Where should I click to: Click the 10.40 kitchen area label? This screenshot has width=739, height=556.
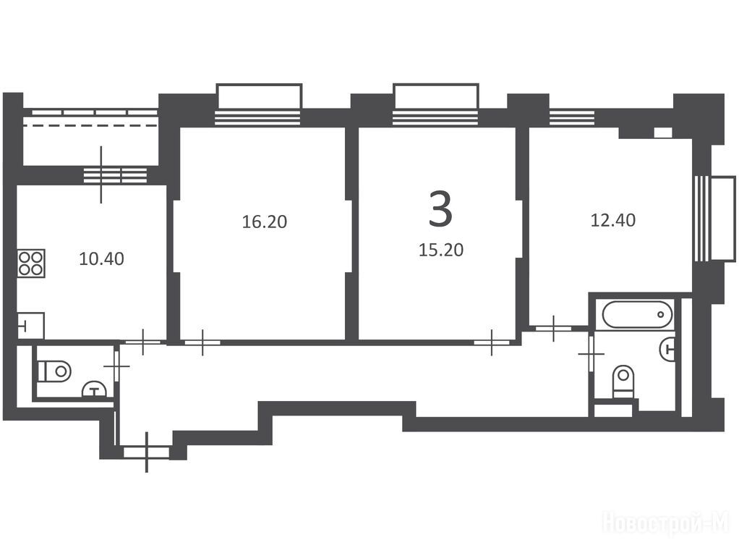pyautogui.click(x=101, y=258)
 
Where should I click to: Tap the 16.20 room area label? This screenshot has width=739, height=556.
pyautogui.click(x=265, y=222)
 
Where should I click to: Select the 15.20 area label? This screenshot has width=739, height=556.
pyautogui.click(x=441, y=250)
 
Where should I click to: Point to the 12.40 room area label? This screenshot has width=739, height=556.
pyautogui.click(x=612, y=220)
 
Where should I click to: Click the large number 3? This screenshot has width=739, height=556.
pyautogui.click(x=440, y=209)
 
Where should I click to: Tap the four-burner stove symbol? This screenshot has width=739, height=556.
pyautogui.click(x=31, y=263)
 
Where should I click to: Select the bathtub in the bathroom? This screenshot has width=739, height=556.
pyautogui.click(x=637, y=314)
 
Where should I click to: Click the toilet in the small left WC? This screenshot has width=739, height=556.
pyautogui.click(x=54, y=371)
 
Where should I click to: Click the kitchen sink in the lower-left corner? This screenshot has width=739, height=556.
pyautogui.click(x=31, y=325)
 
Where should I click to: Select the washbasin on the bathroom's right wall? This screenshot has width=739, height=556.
pyautogui.click(x=667, y=349)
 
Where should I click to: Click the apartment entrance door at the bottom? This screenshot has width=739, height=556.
pyautogui.click(x=146, y=452)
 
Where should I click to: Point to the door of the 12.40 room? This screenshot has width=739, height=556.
pyautogui.click(x=554, y=328)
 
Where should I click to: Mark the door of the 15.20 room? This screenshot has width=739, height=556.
pyautogui.click(x=492, y=342)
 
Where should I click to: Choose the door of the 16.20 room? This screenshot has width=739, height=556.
pyautogui.click(x=202, y=342)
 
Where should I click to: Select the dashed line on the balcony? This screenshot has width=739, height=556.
pyautogui.click(x=90, y=125)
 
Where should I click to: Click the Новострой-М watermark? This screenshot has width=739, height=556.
pyautogui.click(x=666, y=523)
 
